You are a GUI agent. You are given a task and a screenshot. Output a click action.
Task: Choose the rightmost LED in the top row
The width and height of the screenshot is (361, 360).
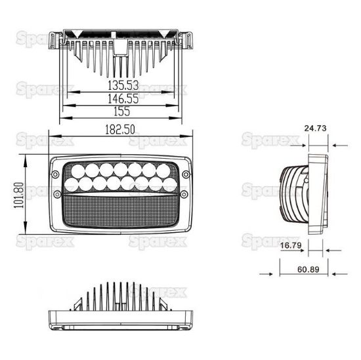pyautogui.click(x=160, y=172)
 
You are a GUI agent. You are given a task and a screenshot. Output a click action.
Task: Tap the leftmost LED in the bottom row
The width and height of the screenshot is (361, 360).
pyautogui.click(x=73, y=186)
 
